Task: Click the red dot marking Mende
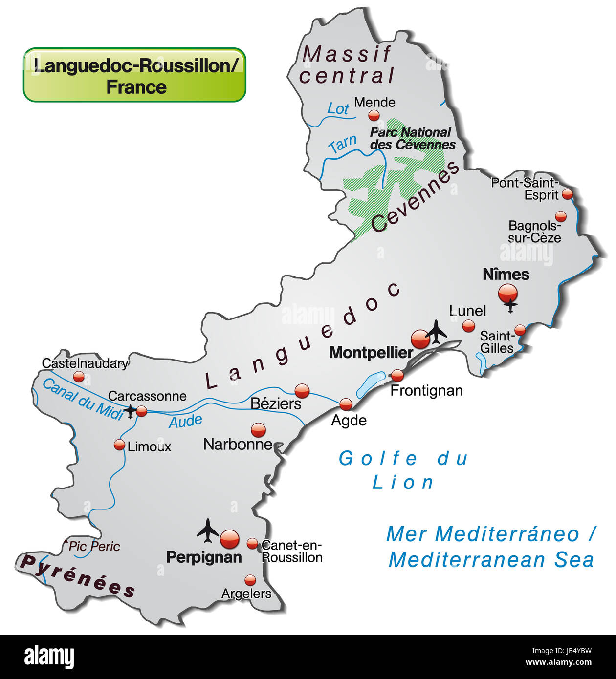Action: pyautogui.click(x=374, y=115)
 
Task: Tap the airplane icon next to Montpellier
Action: pyautogui.click(x=437, y=332)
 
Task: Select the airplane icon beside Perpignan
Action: pyautogui.click(x=208, y=530)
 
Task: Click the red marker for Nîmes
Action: pyautogui.click(x=507, y=293)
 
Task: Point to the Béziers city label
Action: pyautogui.click(x=276, y=403)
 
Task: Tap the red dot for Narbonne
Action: pyautogui.click(x=258, y=430)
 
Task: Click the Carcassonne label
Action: pyautogui.click(x=147, y=396)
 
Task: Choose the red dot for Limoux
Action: pyautogui.click(x=119, y=445)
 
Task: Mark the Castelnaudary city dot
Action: pyautogui.click(x=79, y=376)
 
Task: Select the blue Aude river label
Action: pyautogui.click(x=185, y=421)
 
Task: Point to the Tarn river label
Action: pyautogui.click(x=342, y=144)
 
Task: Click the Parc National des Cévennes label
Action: pyautogui.click(x=412, y=138)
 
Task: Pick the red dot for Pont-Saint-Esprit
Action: pyautogui.click(x=567, y=193)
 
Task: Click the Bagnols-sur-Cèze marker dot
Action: pyautogui.click(x=561, y=216)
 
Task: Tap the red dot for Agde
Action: pyautogui.click(x=346, y=404)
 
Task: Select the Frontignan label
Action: pyautogui.click(x=426, y=390)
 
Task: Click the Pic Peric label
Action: pyautogui.click(x=94, y=546)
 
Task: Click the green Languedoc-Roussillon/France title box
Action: pyautogui.click(x=134, y=75)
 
